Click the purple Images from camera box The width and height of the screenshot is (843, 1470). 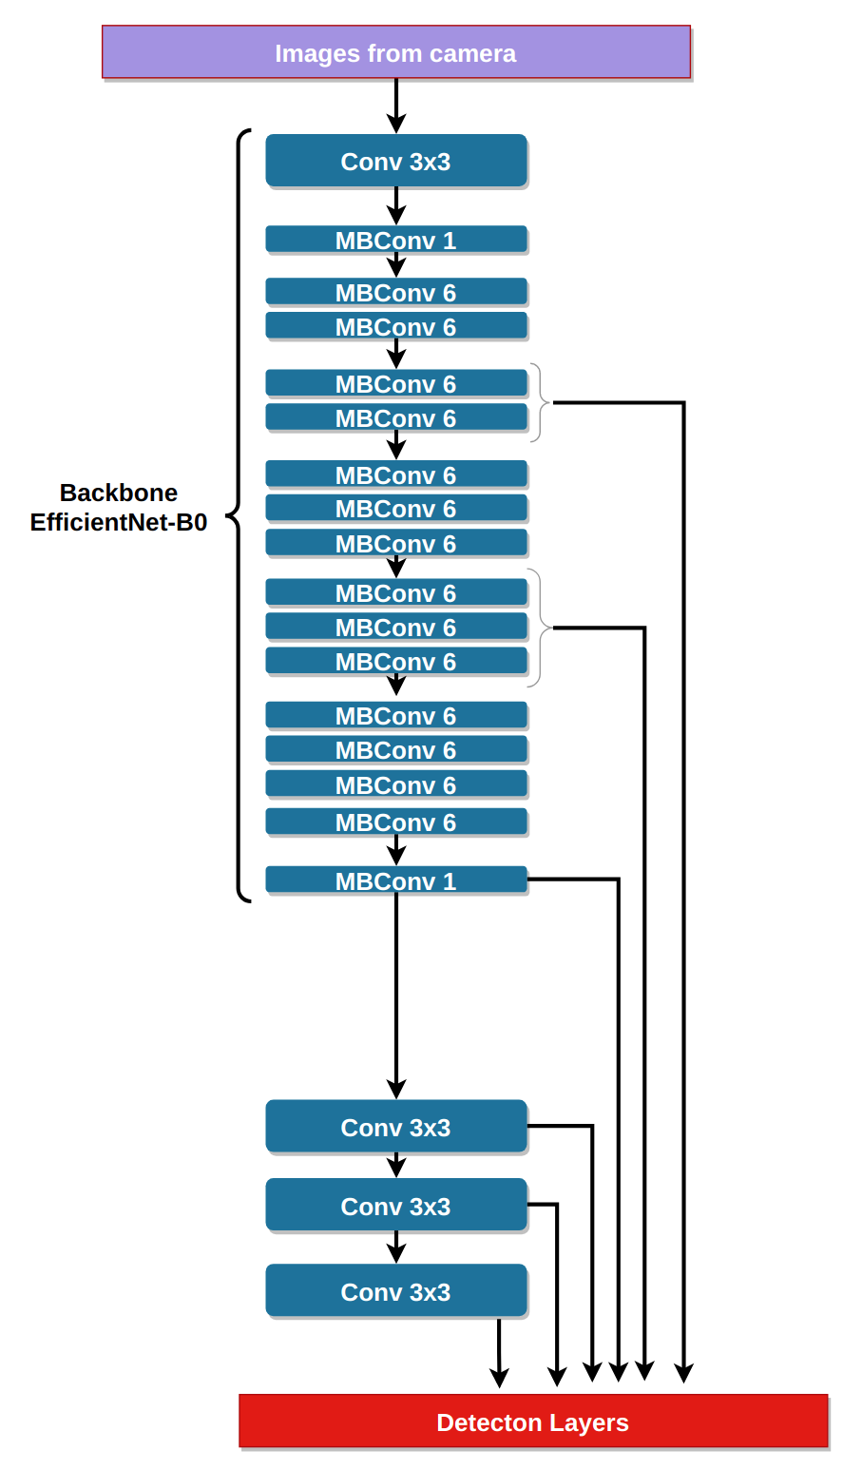[396, 52]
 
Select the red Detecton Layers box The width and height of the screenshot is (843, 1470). [533, 1422]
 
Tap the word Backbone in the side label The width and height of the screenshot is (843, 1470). [119, 493]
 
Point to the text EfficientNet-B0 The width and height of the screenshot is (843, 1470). [119, 522]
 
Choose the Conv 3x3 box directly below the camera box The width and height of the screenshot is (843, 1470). [396, 161]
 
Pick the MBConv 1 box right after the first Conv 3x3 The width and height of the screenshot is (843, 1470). [396, 240]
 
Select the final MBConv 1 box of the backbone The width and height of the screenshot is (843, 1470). [396, 880]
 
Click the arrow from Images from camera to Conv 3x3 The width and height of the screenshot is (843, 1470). [396, 106]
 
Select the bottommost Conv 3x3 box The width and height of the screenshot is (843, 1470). [396, 1291]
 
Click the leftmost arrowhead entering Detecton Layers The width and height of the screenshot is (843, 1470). [499, 1377]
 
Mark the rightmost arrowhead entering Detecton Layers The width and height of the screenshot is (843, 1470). [684, 1372]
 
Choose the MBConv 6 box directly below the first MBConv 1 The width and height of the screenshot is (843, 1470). [396, 292]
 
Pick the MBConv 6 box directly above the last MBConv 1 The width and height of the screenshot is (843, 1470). [396, 822]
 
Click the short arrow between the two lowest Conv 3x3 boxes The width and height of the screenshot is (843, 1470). [396, 1247]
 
